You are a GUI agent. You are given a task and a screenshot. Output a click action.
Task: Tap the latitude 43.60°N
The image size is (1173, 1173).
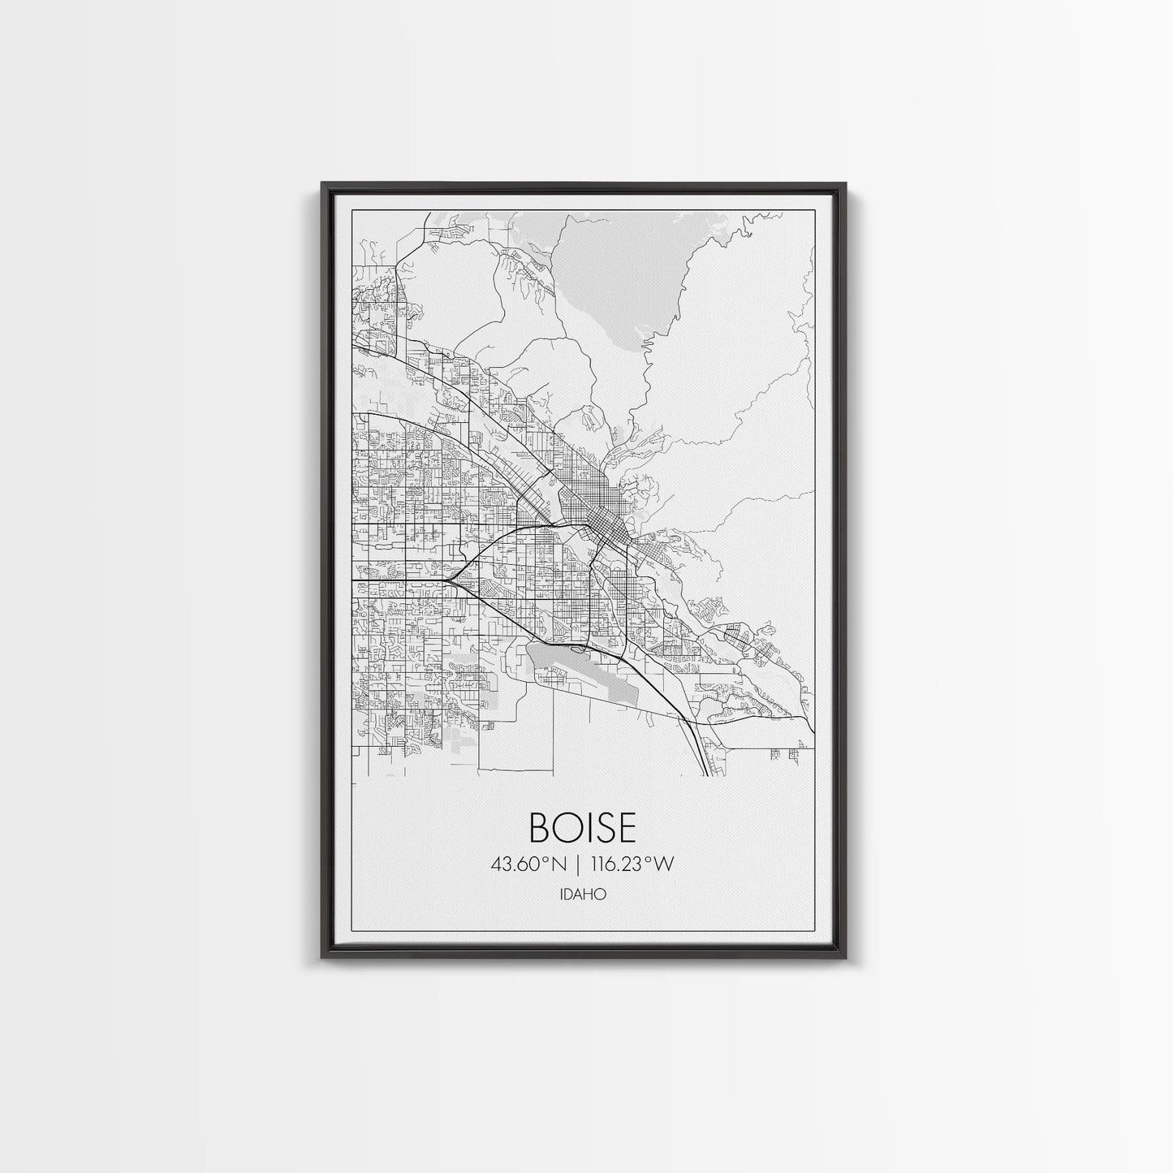point(528,865)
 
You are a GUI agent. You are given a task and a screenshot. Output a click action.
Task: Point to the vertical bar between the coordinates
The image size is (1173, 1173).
point(578,865)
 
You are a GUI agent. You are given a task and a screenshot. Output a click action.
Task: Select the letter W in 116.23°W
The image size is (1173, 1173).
point(663,865)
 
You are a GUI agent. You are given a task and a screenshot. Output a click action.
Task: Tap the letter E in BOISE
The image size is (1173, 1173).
point(623,827)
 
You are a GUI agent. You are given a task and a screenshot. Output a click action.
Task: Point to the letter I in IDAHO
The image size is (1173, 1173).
point(562,895)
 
